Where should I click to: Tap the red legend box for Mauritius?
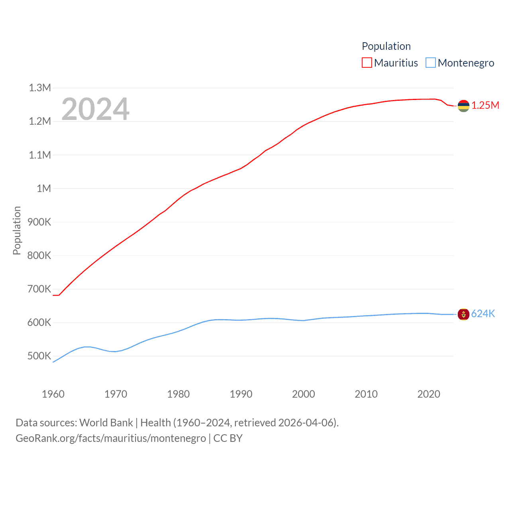coord(367,63)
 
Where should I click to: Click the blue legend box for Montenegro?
coord(431,63)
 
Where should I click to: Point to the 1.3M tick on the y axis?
coord(40,88)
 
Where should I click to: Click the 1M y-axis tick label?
coord(44,188)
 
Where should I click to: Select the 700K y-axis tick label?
coord(39,289)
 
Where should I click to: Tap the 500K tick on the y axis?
coord(39,356)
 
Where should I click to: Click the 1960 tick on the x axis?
coord(53,394)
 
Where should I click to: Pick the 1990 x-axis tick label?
coord(241,394)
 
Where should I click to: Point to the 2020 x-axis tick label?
coord(429,394)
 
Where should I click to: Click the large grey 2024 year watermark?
coord(95,109)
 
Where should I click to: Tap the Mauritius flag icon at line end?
coord(463,106)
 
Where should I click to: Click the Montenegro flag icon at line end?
coord(463,314)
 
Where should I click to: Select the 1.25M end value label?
coord(485,105)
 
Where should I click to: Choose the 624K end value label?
coord(483,314)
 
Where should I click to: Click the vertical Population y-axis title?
coord(17,230)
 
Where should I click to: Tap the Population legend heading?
coord(386,46)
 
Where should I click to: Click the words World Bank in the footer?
coord(106,423)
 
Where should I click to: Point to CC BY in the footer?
coord(228,438)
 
